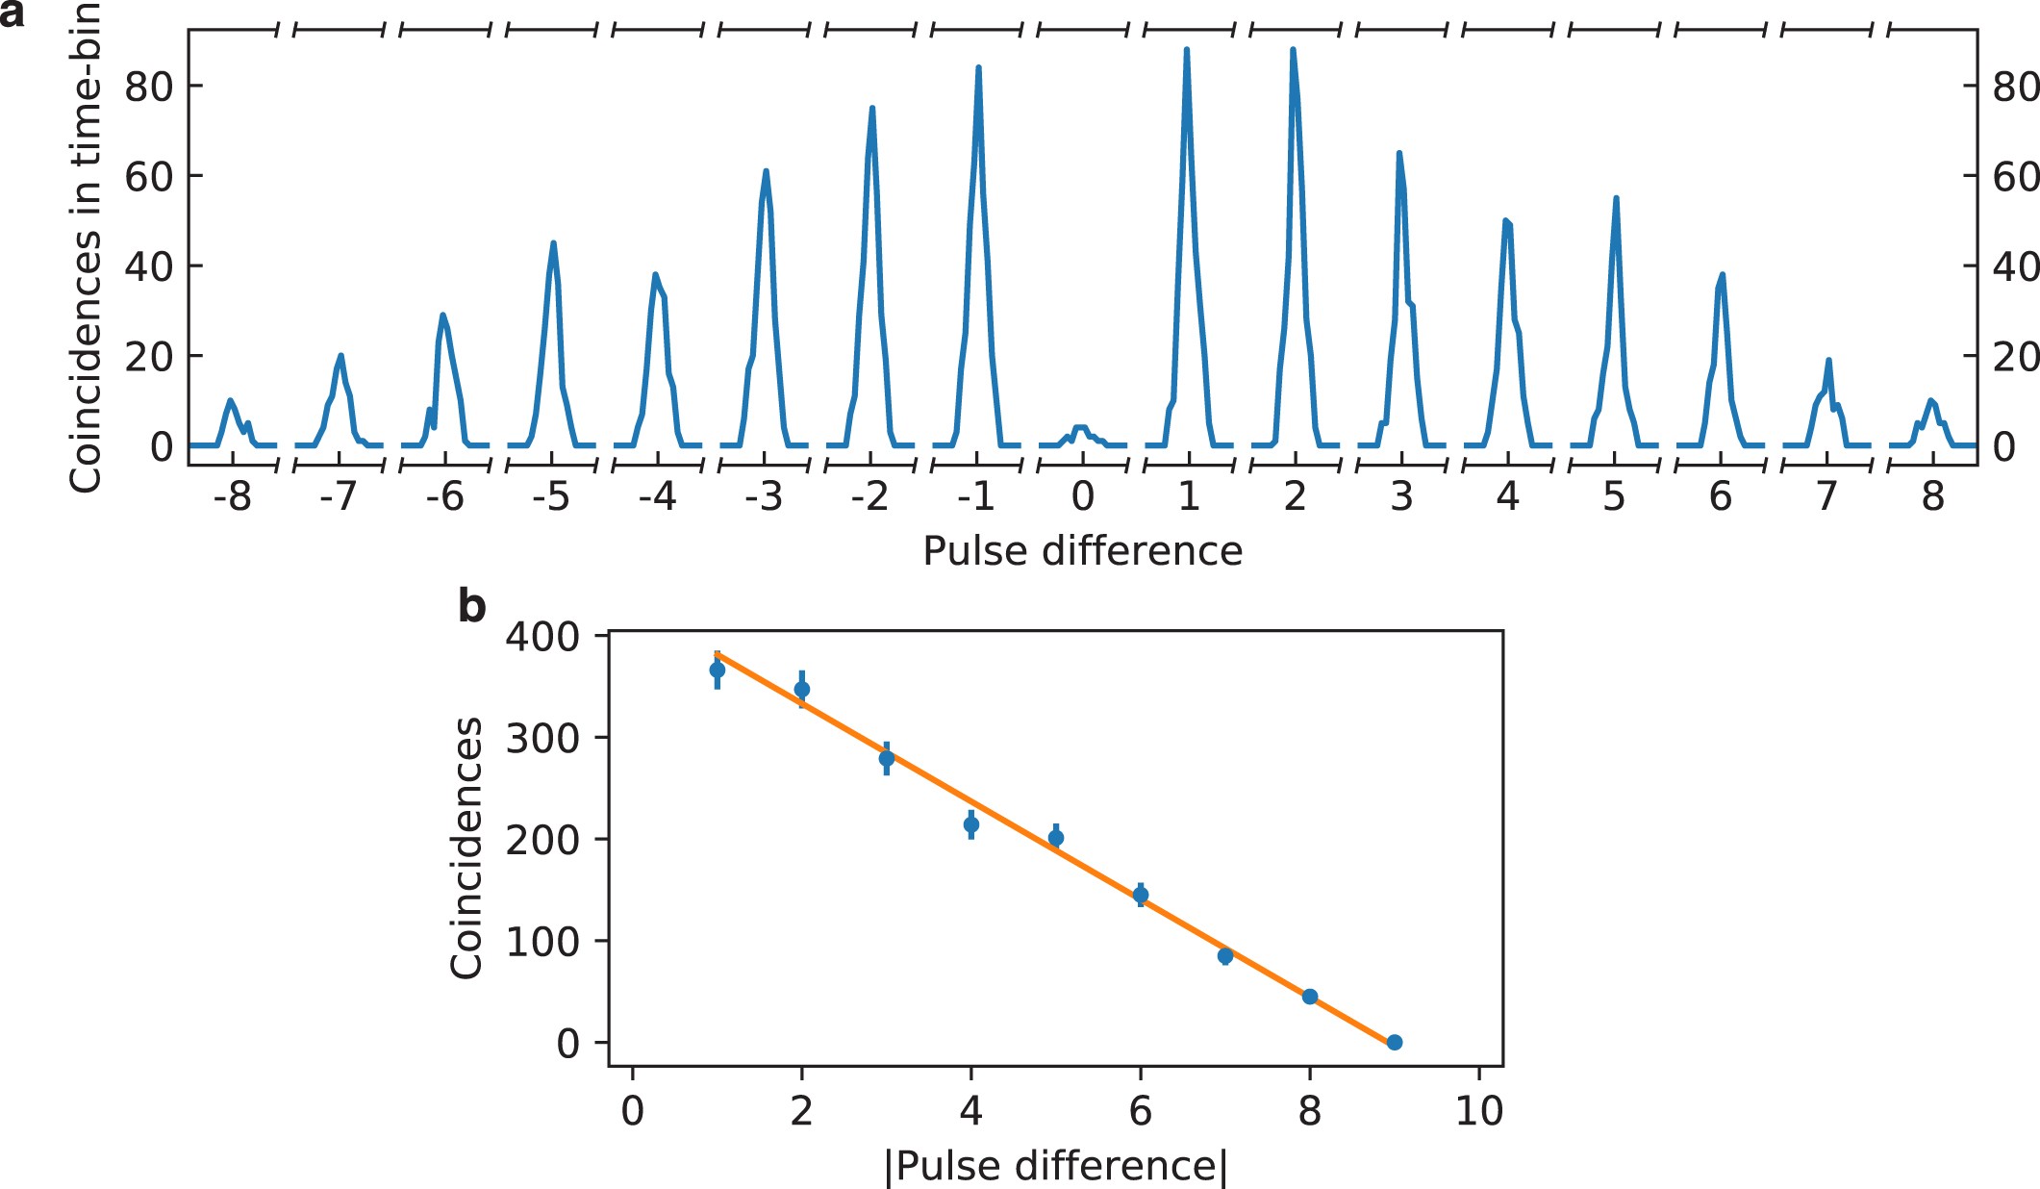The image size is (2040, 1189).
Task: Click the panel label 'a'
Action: (x=12, y=15)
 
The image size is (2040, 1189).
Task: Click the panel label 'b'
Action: (x=471, y=607)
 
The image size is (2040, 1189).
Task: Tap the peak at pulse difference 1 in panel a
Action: (x=1186, y=50)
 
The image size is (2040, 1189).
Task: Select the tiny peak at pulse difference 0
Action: (x=1081, y=427)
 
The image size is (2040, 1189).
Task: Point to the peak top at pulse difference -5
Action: (x=553, y=243)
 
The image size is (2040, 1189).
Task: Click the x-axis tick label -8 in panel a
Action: (x=232, y=496)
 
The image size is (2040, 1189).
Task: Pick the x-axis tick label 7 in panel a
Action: (x=1826, y=496)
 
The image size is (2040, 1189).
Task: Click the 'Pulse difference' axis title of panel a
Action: (x=1082, y=551)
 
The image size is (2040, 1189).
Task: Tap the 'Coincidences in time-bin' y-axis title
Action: (x=85, y=248)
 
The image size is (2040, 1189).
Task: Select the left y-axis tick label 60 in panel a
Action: (x=148, y=176)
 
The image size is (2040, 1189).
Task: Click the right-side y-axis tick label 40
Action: (x=2016, y=266)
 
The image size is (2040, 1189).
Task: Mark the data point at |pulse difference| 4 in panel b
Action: (x=971, y=824)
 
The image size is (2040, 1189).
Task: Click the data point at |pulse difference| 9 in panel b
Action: (x=1395, y=1042)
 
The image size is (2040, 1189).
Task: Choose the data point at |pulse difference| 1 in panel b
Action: (x=718, y=670)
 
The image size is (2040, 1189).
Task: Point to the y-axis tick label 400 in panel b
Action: (x=542, y=637)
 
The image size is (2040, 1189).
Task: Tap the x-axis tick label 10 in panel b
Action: (x=1478, y=1111)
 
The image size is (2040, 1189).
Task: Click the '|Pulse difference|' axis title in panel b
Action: (x=1055, y=1166)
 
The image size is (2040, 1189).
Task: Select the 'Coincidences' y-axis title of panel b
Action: (x=466, y=847)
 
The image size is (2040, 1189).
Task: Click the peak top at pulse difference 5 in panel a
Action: (x=1616, y=198)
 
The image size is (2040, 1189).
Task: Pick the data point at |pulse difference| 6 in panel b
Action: (x=1141, y=895)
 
